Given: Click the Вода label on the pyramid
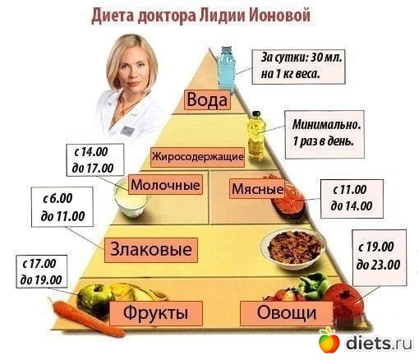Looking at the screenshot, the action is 207,99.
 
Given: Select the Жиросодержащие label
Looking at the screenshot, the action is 197,157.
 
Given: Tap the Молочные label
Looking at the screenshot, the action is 165,185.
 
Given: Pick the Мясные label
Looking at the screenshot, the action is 257,188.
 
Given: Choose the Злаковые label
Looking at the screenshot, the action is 151,250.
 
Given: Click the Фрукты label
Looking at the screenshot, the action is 156,313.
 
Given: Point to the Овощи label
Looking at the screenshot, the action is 287,313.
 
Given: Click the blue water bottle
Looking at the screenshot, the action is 227,68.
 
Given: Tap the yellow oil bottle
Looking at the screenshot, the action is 256,136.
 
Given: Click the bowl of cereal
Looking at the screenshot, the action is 292,248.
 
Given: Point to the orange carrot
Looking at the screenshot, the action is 88,318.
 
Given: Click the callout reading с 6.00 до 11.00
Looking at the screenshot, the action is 62,207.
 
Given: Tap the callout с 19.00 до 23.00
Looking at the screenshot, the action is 380,257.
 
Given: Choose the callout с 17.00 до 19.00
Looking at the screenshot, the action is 42,271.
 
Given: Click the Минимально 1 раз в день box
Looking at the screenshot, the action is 325,134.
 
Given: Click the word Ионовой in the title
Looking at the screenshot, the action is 280,16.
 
